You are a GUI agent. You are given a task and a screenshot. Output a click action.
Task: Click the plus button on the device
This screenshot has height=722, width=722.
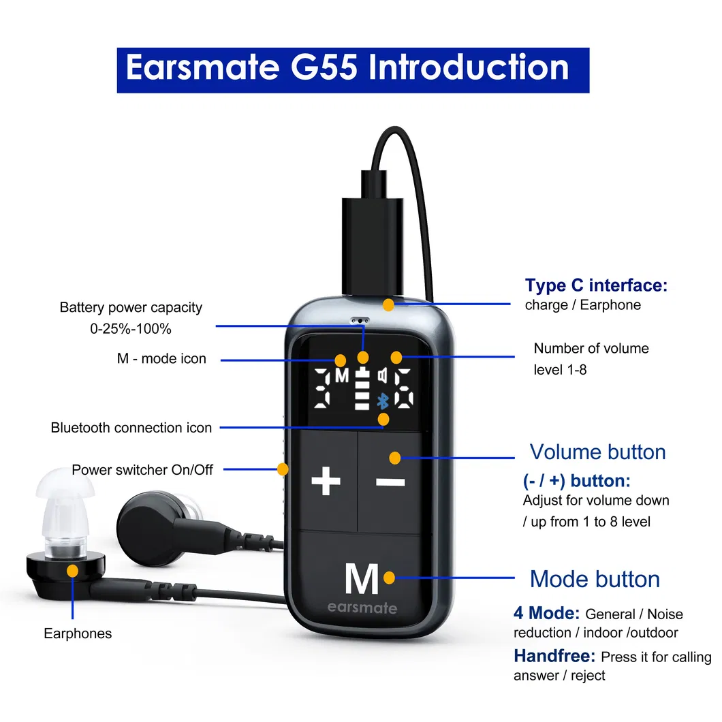pos(326,481)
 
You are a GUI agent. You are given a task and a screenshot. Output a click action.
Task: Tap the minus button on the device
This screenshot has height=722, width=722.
pos(390,482)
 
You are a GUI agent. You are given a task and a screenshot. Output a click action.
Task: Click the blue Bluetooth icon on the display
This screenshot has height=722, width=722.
pos(383,401)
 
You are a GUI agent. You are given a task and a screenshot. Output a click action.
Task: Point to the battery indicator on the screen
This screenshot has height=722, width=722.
pos(362,389)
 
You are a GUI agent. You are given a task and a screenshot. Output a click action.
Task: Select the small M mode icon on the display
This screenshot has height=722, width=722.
pos(342,376)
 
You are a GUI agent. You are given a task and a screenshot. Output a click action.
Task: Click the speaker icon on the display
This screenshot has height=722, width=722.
pos(383,376)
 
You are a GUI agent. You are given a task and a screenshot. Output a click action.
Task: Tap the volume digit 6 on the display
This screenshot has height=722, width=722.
pos(404,388)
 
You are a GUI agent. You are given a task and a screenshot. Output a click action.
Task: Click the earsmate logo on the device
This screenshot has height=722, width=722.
pos(362,608)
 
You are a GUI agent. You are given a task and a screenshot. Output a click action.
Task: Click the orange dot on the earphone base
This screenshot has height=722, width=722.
pos(72,571)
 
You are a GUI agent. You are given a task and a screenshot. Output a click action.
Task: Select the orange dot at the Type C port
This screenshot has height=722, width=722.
pos(389,304)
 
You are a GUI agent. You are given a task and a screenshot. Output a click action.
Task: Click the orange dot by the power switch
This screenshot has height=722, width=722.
pos(283,469)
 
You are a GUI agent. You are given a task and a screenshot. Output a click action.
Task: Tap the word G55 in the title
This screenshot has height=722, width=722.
pos(324,67)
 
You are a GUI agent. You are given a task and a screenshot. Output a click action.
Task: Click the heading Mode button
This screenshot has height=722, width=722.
pos(595,579)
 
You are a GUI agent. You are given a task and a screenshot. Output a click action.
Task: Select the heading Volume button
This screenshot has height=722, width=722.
pos(597,452)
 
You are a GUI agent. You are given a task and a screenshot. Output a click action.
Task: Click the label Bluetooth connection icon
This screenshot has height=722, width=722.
pos(131,427)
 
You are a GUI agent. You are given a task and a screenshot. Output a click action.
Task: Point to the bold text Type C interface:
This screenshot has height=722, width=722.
pos(596,285)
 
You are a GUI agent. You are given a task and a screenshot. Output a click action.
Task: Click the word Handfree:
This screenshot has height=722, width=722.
pos(554,656)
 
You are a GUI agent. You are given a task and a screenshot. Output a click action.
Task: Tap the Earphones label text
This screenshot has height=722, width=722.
pos(78,633)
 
